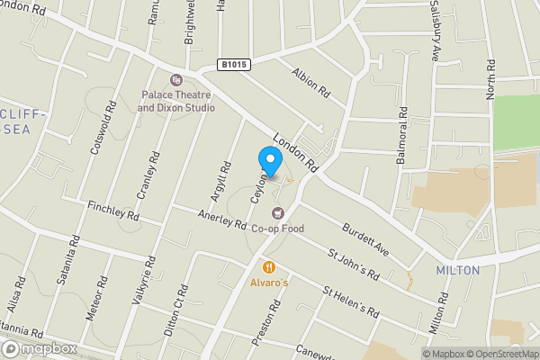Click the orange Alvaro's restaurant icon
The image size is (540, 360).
(x=268, y=267)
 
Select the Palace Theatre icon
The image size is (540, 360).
(x=175, y=80)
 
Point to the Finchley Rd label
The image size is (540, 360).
(x=113, y=213)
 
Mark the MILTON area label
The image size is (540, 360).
(x=457, y=270)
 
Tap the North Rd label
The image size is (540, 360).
(x=491, y=80)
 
